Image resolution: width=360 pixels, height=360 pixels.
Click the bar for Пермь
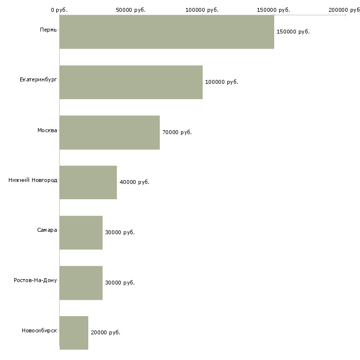pyautogui.click(x=167, y=32)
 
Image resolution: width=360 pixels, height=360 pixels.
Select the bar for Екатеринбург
pyautogui.click(x=131, y=82)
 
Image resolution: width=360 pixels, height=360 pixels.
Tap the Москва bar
pyautogui.click(x=109, y=132)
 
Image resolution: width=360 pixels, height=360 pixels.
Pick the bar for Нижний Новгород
pyautogui.click(x=88, y=182)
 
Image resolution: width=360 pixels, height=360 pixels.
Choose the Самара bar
pyautogui.click(x=81, y=232)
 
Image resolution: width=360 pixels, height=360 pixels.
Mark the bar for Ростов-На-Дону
pyautogui.click(x=81, y=283)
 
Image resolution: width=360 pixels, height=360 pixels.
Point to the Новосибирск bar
pyautogui.click(x=73, y=333)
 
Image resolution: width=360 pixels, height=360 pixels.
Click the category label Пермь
pyautogui.click(x=48, y=30)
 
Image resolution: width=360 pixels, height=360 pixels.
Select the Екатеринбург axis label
pyautogui.click(x=38, y=80)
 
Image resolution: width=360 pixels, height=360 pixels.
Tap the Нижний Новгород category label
pyautogui.click(x=33, y=180)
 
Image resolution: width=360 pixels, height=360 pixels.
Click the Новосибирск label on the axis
pyautogui.click(x=39, y=330)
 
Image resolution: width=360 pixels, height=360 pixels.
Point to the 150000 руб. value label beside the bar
pyautogui.click(x=293, y=32)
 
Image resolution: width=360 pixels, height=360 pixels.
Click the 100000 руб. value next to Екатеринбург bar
pyautogui.click(x=221, y=82)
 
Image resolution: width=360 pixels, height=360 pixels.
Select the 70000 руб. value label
pyautogui.click(x=177, y=132)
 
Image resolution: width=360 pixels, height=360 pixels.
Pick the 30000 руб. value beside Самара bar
pyautogui.click(x=119, y=232)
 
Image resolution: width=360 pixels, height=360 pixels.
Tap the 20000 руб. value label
pyautogui.click(x=105, y=332)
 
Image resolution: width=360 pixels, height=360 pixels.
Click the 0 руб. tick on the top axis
pyautogui.click(x=59, y=10)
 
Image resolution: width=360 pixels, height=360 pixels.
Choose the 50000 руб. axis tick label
pyautogui.click(x=131, y=10)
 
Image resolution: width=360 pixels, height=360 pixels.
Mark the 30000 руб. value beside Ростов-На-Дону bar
pyautogui.click(x=119, y=283)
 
